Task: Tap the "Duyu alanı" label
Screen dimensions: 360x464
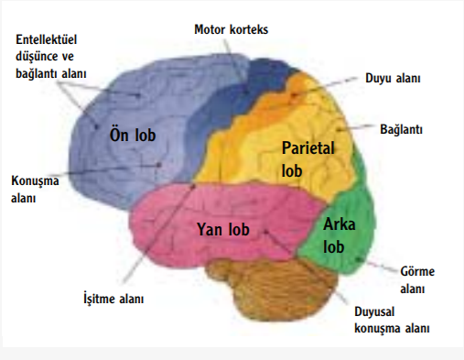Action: click(x=392, y=80)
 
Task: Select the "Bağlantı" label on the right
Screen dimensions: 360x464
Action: click(x=401, y=129)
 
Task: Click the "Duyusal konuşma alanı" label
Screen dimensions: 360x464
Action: click(x=392, y=320)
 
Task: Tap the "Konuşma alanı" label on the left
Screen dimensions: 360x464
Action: click(x=34, y=189)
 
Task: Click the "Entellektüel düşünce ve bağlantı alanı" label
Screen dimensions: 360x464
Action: click(x=58, y=57)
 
